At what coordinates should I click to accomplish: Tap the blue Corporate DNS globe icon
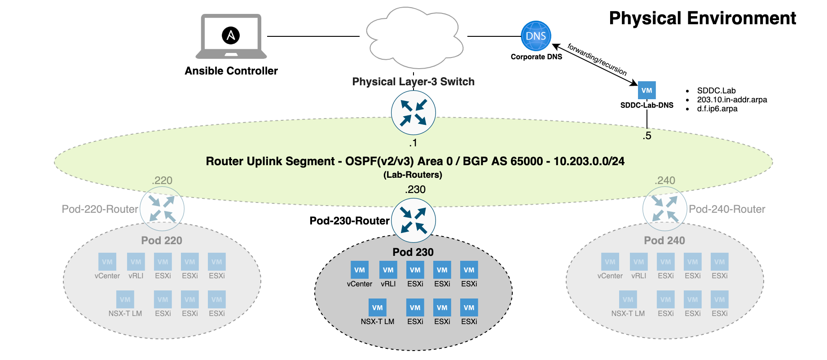[x=536, y=36]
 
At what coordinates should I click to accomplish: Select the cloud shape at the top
[x=413, y=38]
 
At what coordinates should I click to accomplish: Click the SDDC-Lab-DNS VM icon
[x=647, y=90]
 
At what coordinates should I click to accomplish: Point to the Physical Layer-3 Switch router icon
[x=413, y=113]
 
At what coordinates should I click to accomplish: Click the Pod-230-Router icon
[x=413, y=220]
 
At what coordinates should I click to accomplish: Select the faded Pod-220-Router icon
[x=162, y=209]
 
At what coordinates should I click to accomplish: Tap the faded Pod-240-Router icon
[x=664, y=209]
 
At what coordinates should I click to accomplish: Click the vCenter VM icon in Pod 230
[x=359, y=270]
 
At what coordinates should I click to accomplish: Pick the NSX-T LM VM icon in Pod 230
[x=377, y=307]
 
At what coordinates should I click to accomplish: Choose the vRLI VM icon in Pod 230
[x=388, y=270]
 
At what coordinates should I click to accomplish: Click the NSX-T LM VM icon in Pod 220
[x=125, y=299]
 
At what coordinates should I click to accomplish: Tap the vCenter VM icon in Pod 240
[x=610, y=262]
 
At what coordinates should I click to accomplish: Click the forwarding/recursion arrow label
[x=597, y=59]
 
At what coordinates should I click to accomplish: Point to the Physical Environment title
[x=702, y=18]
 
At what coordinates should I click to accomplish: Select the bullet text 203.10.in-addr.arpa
[x=731, y=100]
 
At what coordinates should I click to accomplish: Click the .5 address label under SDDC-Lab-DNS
[x=647, y=136]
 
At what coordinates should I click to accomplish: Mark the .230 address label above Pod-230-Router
[x=415, y=189]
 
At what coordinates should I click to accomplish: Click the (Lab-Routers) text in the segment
[x=413, y=175]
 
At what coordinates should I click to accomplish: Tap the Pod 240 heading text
[x=664, y=241]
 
